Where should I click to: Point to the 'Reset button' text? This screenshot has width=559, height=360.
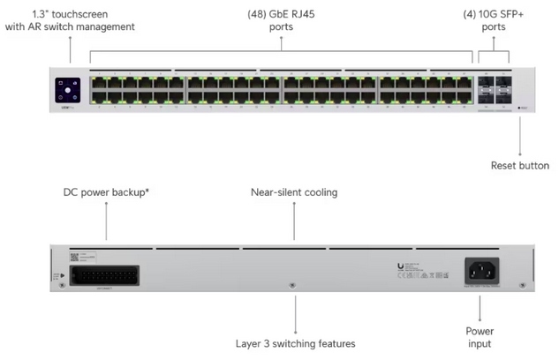coord(519,166)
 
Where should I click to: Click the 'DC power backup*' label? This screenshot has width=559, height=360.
coord(106,191)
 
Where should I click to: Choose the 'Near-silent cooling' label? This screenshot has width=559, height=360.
coord(294,191)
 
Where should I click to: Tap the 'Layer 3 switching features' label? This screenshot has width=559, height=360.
coord(296,342)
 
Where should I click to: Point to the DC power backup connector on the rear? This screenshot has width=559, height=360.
coord(106,275)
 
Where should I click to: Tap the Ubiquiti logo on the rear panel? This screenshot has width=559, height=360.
coord(402,266)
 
